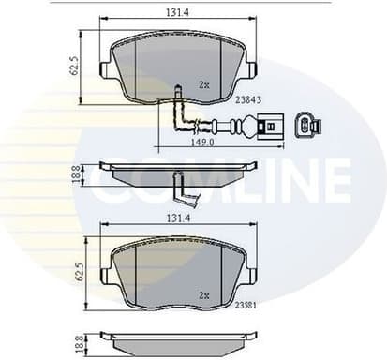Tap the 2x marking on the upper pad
(x=204, y=84)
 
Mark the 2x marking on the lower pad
(x=203, y=293)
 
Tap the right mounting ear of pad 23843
(x=252, y=69)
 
